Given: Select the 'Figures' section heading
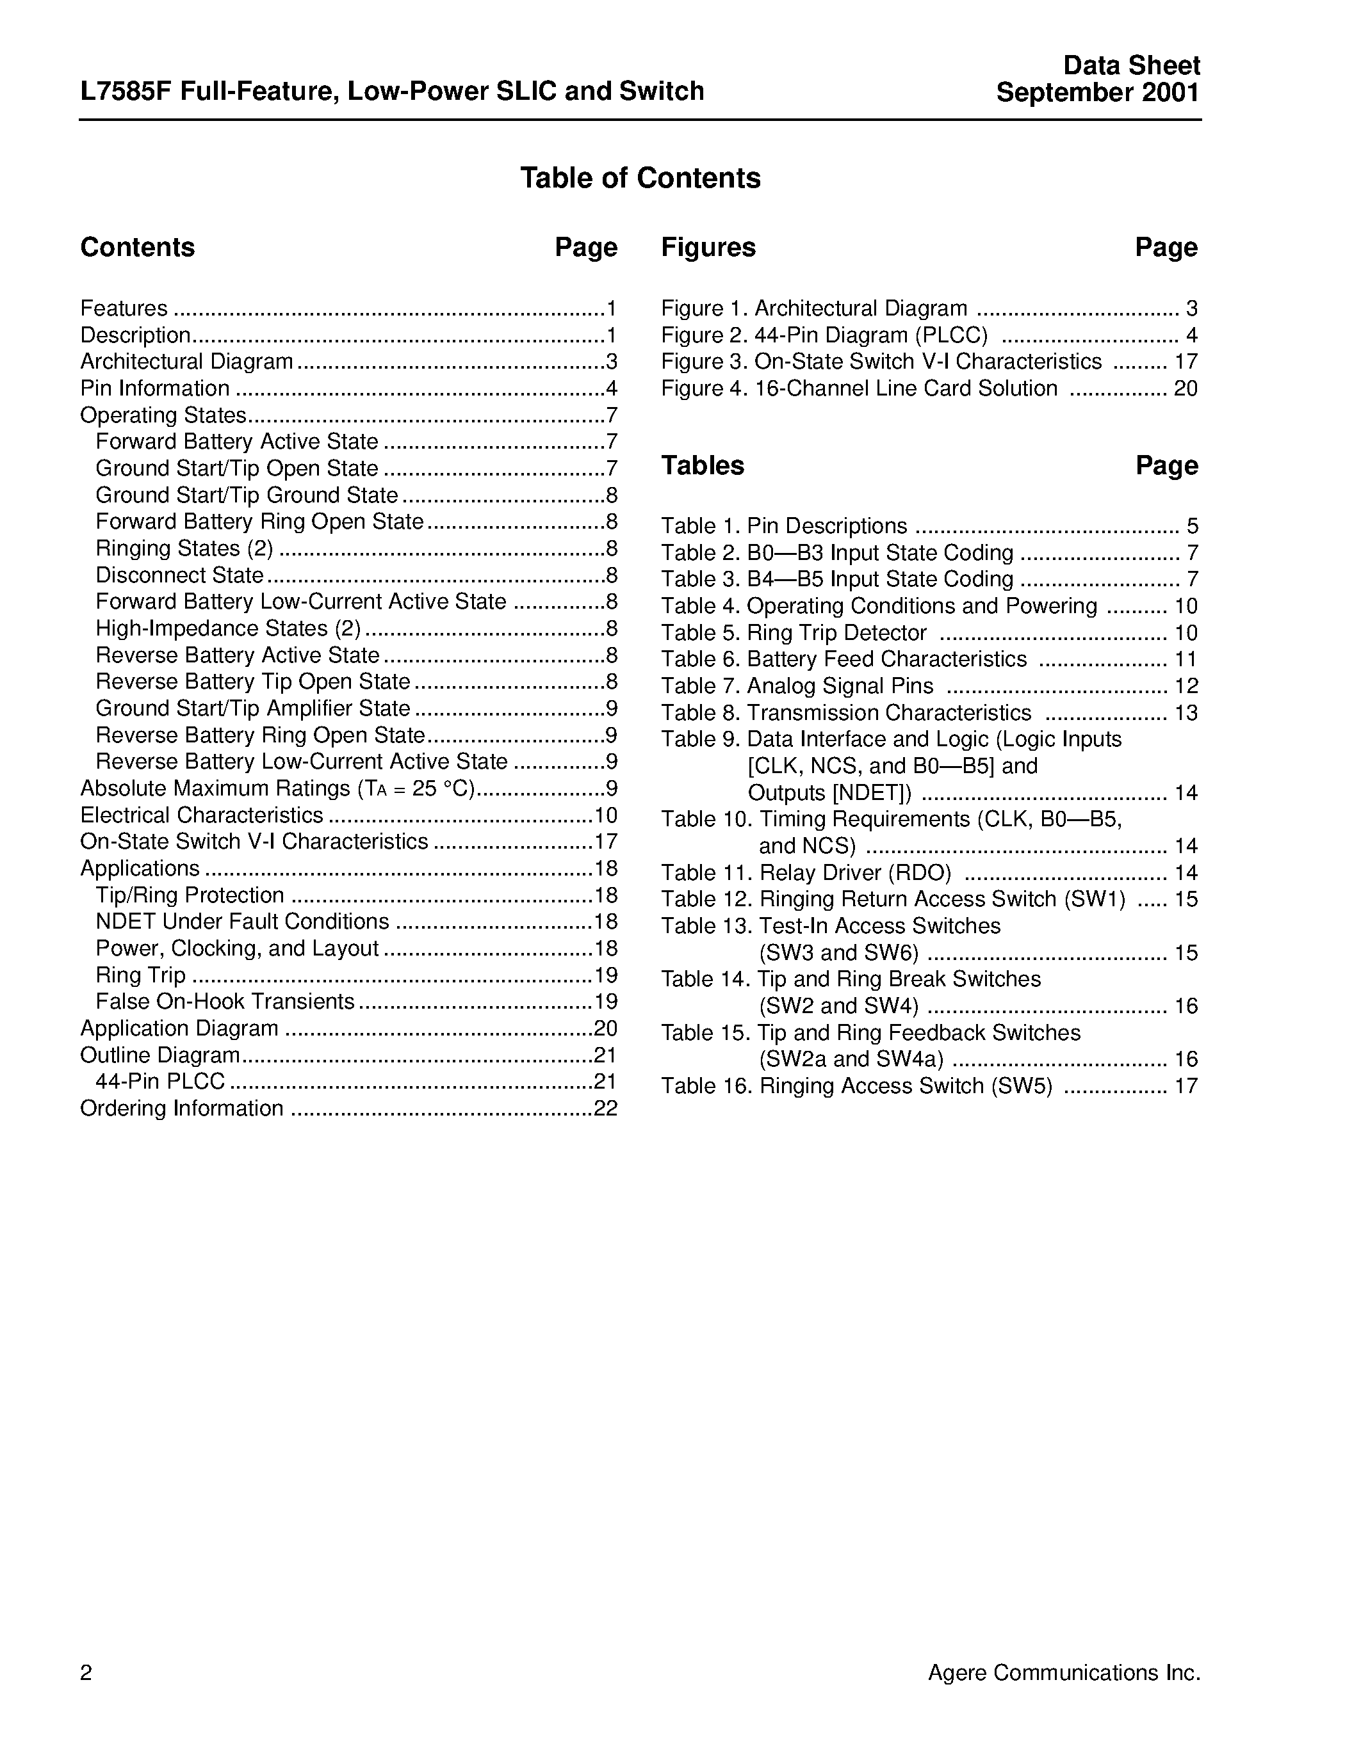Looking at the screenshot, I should (x=708, y=248).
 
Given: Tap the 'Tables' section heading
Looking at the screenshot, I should (x=702, y=466).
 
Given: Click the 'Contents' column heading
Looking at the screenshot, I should (x=137, y=248).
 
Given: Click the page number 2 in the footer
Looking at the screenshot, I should (x=86, y=1673).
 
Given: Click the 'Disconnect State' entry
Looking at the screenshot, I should (x=179, y=575).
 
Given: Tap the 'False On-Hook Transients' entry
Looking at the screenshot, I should (x=225, y=1002).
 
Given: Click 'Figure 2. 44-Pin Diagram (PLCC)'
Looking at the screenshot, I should (x=824, y=335).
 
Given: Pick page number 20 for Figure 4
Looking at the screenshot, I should (x=1186, y=388).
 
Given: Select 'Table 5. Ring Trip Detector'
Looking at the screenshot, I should (x=794, y=632).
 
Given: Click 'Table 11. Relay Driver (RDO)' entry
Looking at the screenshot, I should (x=806, y=873).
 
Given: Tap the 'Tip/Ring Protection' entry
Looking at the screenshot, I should (x=190, y=895).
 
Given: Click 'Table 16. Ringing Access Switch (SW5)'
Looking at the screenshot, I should (x=856, y=1086).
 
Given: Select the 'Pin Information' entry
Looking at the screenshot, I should (x=155, y=388).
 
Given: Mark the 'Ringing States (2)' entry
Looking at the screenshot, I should (x=184, y=548).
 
